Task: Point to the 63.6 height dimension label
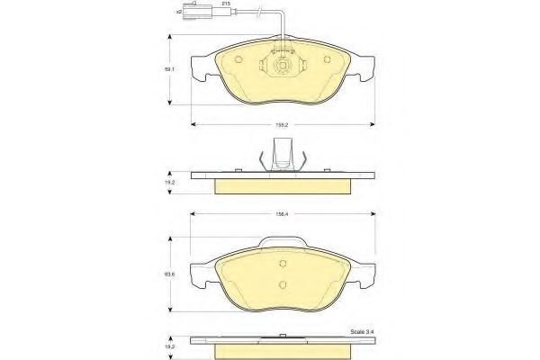point(168,273)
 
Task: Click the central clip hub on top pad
point(283,65)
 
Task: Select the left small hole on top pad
point(238,61)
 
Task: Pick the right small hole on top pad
point(327,61)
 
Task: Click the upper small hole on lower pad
point(283,265)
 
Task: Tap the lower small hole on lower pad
point(283,287)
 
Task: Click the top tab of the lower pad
point(283,243)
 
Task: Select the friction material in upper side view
point(283,184)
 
